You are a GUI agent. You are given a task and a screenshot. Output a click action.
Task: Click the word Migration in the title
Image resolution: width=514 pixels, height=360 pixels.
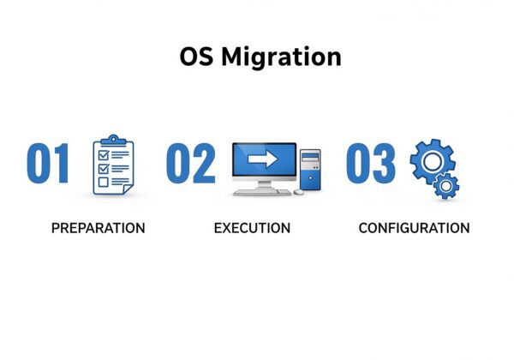coord(282,57)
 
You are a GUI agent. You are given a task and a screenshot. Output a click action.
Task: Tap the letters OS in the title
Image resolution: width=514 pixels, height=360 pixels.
coord(196,57)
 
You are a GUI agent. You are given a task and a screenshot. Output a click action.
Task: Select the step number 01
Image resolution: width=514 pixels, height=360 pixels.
coord(48,163)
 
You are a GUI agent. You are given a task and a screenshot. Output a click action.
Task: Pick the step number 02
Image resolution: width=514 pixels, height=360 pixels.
coord(191,163)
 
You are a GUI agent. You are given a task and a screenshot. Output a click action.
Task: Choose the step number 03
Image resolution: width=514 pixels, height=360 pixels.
coord(371,163)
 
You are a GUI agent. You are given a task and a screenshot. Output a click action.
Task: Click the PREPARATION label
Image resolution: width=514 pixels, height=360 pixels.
coord(99,228)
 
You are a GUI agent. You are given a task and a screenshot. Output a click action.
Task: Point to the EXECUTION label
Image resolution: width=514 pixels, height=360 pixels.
coord(252,228)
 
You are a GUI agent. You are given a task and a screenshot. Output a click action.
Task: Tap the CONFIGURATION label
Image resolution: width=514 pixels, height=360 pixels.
coord(414,228)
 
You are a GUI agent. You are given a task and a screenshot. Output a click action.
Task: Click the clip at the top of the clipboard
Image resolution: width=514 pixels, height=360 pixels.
coord(113,141)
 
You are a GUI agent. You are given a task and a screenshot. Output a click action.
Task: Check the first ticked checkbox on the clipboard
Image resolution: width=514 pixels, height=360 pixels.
coord(104,154)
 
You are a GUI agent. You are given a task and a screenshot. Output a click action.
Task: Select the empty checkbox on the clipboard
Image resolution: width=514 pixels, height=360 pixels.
coord(104,182)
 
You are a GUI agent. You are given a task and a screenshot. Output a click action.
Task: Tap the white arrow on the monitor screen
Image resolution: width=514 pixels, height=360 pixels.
coord(263,159)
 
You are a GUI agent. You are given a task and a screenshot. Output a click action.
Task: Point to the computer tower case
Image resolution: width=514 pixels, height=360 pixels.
coord(310,170)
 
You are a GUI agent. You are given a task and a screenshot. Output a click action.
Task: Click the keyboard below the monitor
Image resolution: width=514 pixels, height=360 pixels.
coord(262,193)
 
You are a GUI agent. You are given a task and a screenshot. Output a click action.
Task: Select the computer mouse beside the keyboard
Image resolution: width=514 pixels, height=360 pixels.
coord(298,192)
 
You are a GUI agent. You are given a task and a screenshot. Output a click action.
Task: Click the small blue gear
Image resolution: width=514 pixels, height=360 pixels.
coord(445,186)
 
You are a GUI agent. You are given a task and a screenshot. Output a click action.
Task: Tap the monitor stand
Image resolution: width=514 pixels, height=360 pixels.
coord(264,184)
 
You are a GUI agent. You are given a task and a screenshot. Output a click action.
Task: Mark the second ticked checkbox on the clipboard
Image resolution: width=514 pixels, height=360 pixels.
coord(104,169)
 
